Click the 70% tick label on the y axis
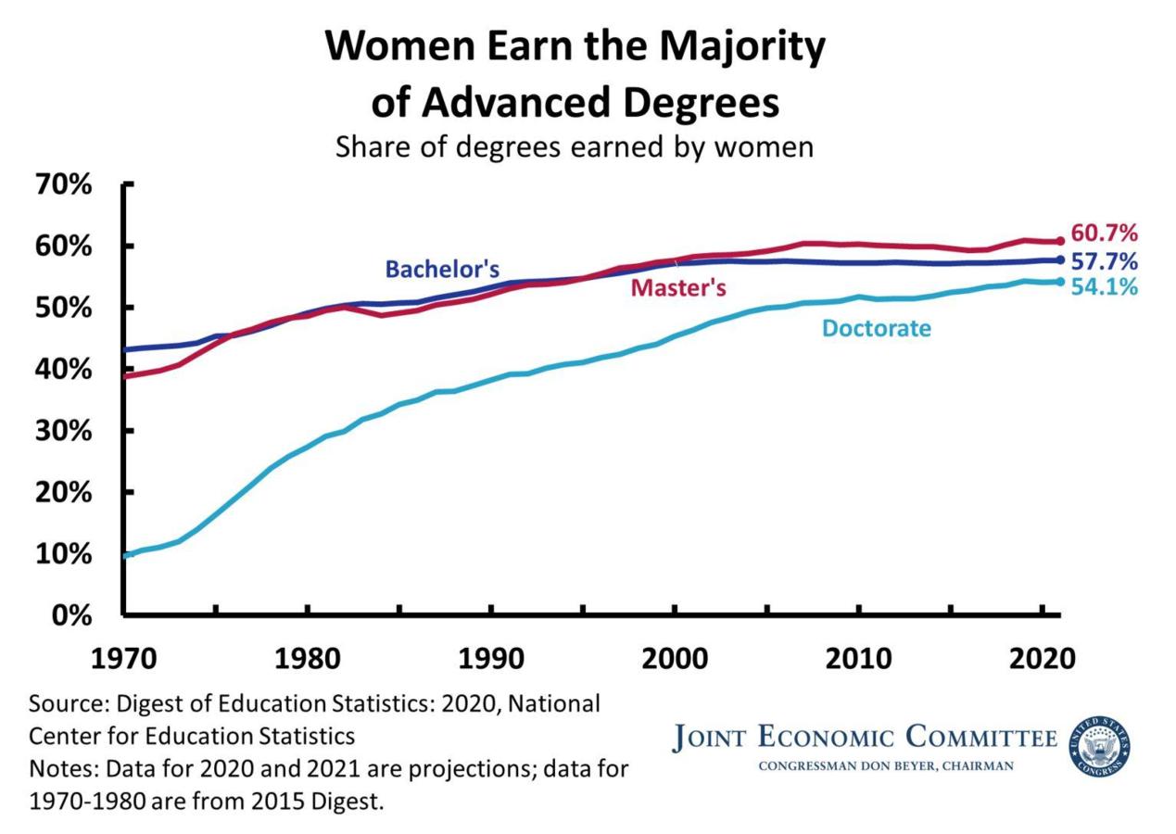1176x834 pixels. pos(66,185)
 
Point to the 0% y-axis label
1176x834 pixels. pos(73,615)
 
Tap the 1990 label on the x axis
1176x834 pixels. pos(490,660)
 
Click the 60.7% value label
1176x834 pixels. pos(1104,234)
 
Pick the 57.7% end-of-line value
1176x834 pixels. pos(1104,260)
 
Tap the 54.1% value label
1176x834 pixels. pos(1104,287)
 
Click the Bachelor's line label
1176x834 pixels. pos(442,270)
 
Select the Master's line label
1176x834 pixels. pos(678,288)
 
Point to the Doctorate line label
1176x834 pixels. pos(877,328)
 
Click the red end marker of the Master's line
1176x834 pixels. pos(1060,241)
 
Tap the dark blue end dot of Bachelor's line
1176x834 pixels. pos(1060,259)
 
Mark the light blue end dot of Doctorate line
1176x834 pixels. pos(1060,282)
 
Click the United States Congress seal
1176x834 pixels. pos(1101,747)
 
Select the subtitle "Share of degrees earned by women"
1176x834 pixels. pos(575,147)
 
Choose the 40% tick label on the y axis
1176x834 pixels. pos(66,370)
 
